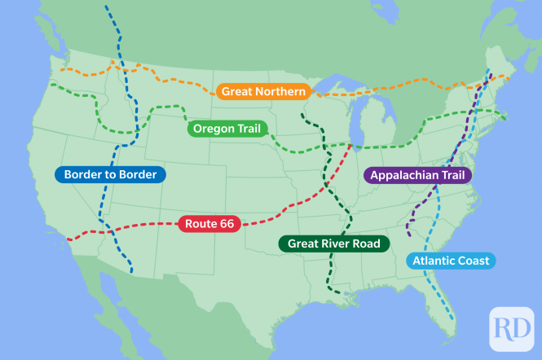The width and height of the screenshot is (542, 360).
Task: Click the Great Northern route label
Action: pos(263,91)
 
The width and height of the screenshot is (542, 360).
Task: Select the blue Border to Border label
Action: pos(111,174)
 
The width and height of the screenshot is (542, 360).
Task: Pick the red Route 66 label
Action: pos(209,223)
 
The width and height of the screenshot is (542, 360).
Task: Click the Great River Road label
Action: pos(334,243)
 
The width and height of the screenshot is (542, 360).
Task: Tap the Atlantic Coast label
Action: pos(451,261)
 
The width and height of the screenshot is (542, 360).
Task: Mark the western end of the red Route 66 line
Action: pos(68,239)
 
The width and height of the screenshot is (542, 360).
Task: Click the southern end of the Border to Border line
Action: pos(133,272)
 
